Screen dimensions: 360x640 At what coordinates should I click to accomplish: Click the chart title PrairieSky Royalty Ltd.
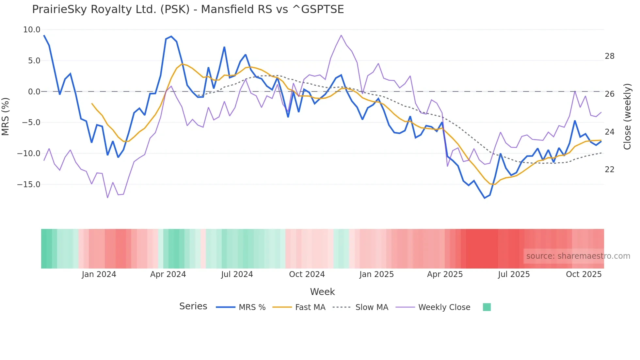click(x=188, y=9)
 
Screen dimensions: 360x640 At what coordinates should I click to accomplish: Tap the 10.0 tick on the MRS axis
click(x=32, y=30)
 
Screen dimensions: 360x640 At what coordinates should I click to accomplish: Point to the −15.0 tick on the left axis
click(x=29, y=185)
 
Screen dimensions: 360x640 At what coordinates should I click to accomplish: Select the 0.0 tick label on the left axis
click(x=34, y=92)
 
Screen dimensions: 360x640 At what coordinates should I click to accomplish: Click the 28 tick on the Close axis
click(x=609, y=56)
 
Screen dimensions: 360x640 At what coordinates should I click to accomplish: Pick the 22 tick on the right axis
click(x=609, y=170)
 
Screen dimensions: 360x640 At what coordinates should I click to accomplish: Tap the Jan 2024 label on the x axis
click(x=99, y=274)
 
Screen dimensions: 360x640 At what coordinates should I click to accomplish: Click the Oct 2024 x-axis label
click(x=307, y=274)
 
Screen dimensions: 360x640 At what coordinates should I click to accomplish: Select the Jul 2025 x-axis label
click(x=514, y=274)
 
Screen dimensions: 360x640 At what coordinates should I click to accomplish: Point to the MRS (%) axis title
click(x=6, y=117)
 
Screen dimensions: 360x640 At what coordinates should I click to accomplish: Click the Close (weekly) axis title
click(x=627, y=117)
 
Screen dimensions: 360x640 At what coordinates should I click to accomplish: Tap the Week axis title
click(x=322, y=292)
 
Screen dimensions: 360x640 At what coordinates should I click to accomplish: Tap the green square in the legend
click(x=487, y=307)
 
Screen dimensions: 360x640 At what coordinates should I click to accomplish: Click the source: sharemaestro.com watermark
click(x=578, y=256)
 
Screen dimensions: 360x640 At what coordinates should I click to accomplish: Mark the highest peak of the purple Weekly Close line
click(x=341, y=35)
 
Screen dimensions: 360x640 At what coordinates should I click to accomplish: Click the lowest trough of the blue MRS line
click(x=485, y=198)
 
